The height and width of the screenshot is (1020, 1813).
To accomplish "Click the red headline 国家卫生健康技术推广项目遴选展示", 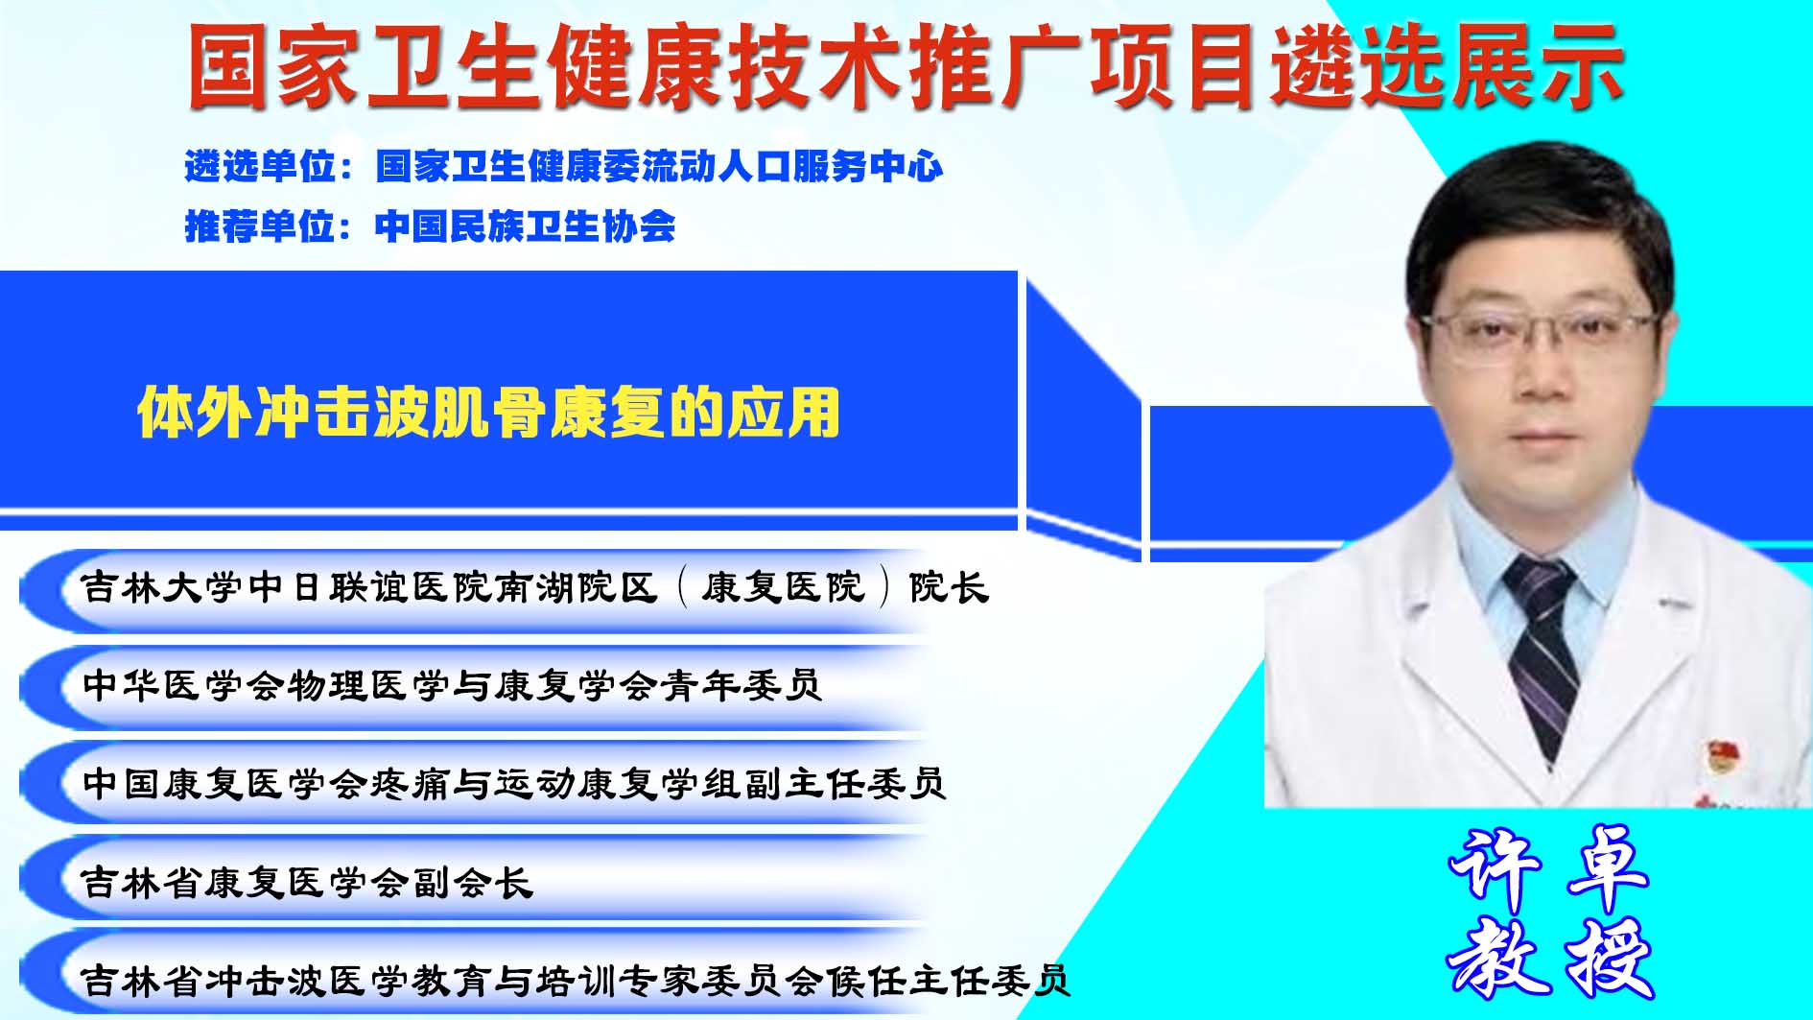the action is coord(905,65).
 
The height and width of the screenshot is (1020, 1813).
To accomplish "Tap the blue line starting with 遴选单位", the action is coord(564,167).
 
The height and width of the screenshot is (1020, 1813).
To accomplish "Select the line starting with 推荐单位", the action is coord(430,226).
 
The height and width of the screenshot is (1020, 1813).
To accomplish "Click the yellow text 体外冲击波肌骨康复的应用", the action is coord(489,413).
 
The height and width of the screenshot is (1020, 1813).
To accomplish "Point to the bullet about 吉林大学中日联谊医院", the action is coord(535,587).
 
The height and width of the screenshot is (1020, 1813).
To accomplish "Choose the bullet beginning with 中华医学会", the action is coord(452,685).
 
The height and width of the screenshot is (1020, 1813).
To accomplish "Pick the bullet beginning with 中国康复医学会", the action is coord(514,783).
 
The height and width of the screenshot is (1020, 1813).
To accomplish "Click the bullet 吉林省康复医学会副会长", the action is coord(307,882).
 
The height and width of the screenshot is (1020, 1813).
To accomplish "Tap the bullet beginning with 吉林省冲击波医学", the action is coord(576,980).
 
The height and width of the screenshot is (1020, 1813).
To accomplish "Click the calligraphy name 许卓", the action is coord(1548,868).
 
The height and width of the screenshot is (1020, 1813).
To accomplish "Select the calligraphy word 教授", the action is coord(1550,958).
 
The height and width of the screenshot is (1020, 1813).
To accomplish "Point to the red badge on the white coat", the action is coord(1719,754).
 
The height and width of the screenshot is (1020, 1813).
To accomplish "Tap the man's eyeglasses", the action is coord(1541,335).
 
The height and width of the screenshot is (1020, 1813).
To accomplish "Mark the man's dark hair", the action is coord(1541,225).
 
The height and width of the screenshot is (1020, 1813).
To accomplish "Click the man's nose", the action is coord(1543,379).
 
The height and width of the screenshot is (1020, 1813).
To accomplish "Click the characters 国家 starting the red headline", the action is coord(276,65).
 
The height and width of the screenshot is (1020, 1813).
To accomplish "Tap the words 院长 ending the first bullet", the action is coord(949,587).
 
